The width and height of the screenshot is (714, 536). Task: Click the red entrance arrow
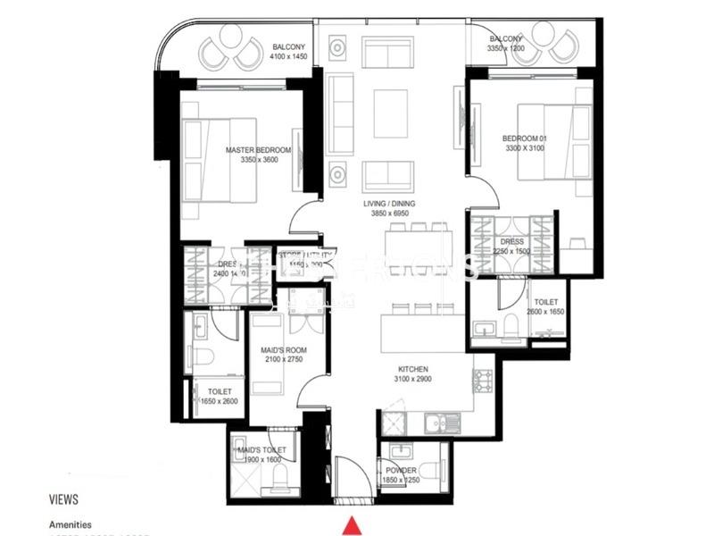tap(353, 524)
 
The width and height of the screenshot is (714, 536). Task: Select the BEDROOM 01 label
tap(523, 138)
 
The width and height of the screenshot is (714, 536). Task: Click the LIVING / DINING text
tap(389, 204)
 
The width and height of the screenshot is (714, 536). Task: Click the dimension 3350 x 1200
tap(505, 48)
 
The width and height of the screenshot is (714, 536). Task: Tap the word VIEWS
tap(63, 499)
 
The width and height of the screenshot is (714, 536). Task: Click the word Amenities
tap(70, 524)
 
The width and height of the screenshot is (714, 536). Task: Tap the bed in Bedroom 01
tap(553, 147)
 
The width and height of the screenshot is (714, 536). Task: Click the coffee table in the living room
tap(390, 113)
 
